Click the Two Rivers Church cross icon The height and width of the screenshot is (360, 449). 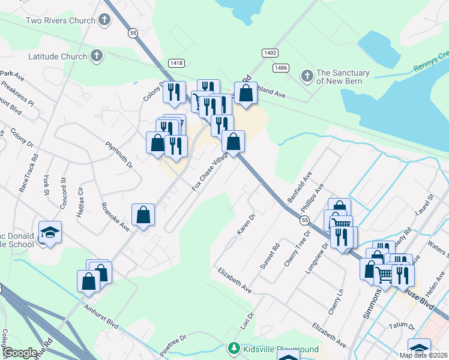[x=104, y=20]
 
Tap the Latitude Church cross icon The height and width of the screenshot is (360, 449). [x=96, y=56]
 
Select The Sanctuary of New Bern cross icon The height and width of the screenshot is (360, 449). [x=307, y=76]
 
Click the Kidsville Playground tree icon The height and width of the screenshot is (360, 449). [x=234, y=349]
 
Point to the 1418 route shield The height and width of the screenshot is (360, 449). [x=176, y=62]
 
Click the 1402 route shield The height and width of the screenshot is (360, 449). [x=270, y=53]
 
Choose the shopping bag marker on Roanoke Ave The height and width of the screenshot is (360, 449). [x=143, y=215]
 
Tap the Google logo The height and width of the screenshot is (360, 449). [x=20, y=352]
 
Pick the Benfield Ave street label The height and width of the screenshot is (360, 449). [x=300, y=187]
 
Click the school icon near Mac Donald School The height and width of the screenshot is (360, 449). [x=50, y=232]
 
